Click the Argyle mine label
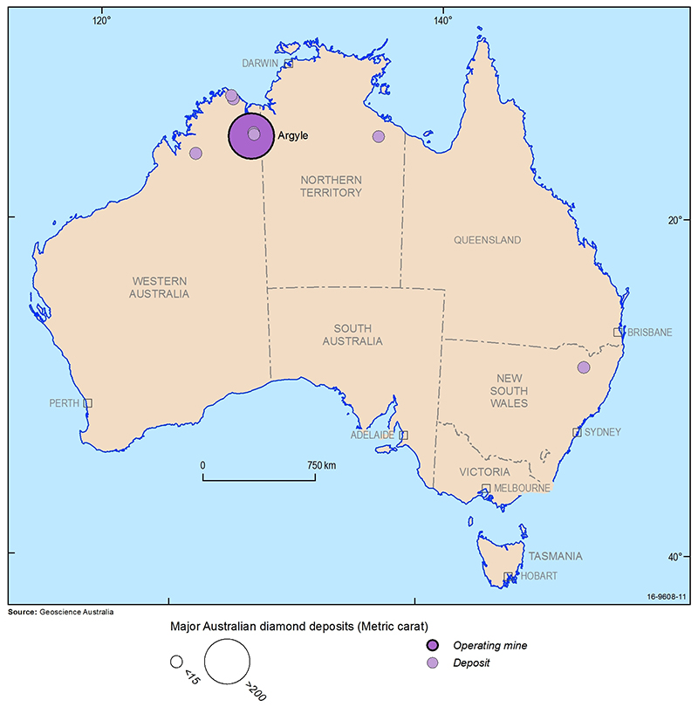point(293,136)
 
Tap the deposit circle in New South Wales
point(584,367)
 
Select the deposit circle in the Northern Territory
point(378,136)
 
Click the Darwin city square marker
point(287,65)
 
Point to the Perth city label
point(65,403)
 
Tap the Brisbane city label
point(649,333)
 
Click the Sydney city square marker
point(577,432)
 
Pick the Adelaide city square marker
point(403,435)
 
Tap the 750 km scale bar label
point(322,465)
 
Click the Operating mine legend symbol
point(433,646)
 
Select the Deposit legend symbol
point(433,663)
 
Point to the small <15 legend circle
point(175,661)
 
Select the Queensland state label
point(487,240)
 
